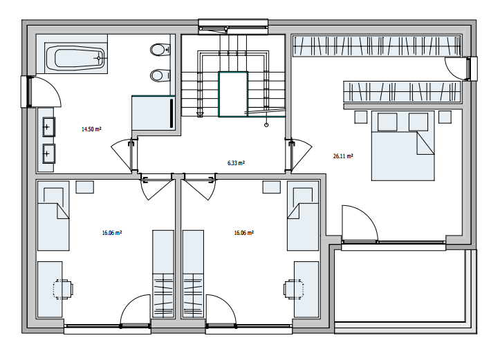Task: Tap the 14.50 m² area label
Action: point(91,129)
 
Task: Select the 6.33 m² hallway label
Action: point(237,163)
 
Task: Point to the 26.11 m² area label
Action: point(343,157)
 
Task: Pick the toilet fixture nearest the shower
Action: point(159,75)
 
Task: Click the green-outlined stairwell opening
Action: point(233,95)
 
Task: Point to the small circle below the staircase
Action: point(266,126)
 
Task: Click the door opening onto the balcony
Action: point(359,224)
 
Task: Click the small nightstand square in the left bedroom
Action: point(85,187)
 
